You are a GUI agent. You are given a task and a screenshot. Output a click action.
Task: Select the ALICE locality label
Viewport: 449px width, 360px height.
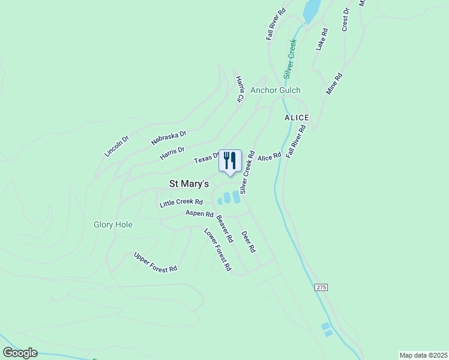point(297,118)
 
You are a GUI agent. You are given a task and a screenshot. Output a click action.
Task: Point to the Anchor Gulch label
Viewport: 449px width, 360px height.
point(276,91)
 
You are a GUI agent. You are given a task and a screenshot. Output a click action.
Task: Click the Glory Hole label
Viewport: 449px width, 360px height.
point(113,225)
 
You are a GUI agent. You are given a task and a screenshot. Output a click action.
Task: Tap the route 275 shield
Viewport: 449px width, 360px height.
point(321,288)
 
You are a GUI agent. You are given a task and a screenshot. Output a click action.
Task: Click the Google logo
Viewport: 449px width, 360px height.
point(20,353)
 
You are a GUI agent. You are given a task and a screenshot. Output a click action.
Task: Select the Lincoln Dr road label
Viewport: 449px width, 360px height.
point(116,146)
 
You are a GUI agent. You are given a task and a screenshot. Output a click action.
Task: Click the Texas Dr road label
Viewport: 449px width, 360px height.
point(206,158)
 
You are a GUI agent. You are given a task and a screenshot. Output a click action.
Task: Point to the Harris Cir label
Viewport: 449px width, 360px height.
point(240,88)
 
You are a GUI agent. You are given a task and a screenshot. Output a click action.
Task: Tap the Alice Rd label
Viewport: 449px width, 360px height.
point(269,157)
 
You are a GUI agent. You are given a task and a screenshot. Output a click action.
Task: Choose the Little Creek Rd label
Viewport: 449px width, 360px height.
point(181,203)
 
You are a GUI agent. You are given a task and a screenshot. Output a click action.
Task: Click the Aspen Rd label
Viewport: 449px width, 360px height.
point(199,214)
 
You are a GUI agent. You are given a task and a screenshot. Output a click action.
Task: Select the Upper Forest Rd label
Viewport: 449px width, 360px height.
point(155,262)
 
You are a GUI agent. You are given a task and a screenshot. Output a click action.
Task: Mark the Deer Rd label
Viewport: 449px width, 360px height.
point(249,241)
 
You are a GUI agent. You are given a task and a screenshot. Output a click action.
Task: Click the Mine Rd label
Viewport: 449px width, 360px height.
point(334,84)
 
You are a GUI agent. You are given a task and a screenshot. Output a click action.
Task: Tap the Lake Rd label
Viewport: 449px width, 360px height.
point(322,39)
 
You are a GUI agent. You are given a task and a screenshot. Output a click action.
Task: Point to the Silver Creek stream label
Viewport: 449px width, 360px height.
point(290,59)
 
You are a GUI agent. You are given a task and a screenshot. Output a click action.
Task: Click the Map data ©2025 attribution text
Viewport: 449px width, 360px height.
point(423,355)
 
